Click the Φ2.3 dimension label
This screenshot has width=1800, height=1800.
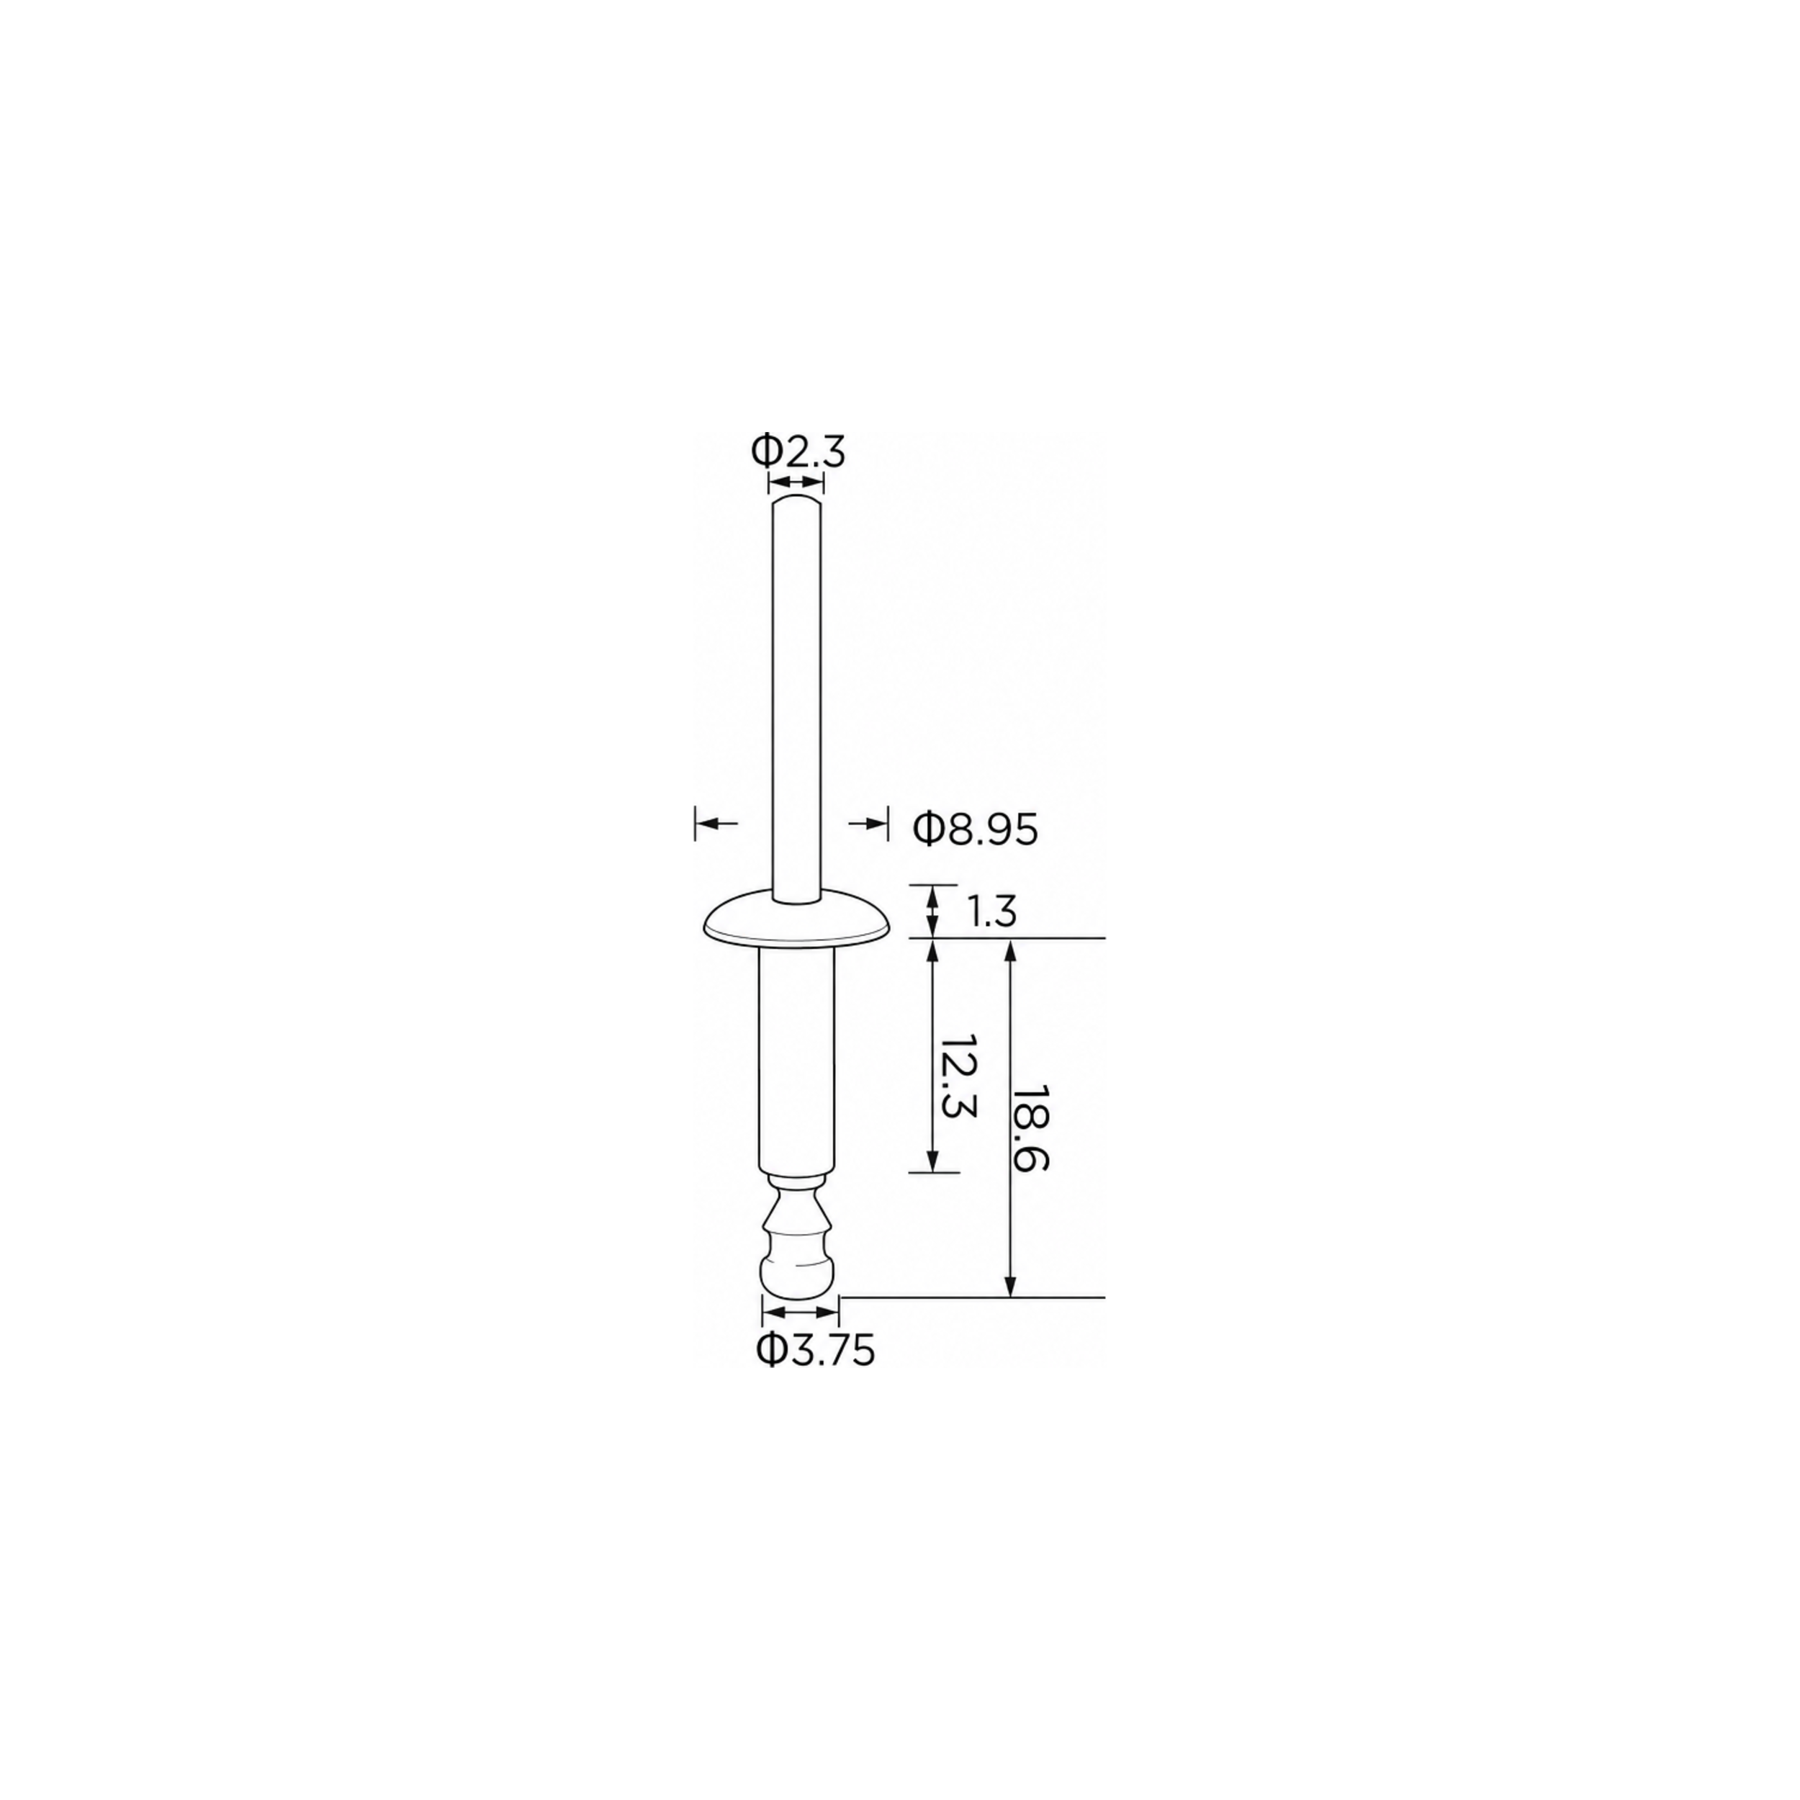pyautogui.click(x=798, y=452)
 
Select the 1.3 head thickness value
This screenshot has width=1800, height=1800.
pyautogui.click(x=991, y=912)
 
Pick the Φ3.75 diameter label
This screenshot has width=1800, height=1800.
pyautogui.click(x=815, y=1350)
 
